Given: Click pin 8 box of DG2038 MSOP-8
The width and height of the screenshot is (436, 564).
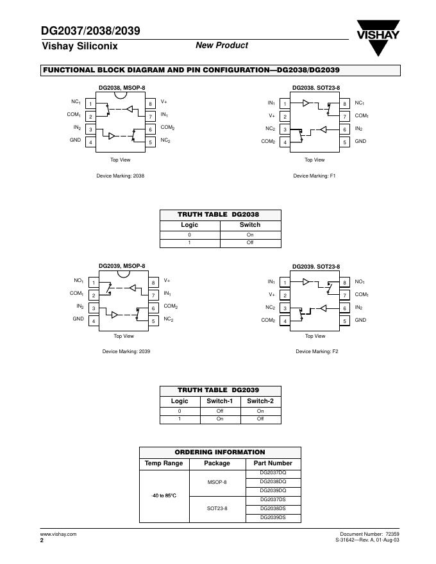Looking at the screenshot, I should pyautogui.click(x=151, y=104).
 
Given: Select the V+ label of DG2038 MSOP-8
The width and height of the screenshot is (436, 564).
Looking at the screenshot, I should pyautogui.click(x=164, y=102).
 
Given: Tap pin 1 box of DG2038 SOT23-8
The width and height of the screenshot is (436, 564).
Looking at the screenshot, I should pyautogui.click(x=284, y=104).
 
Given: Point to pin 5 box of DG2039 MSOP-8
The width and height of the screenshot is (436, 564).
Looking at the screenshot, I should pyautogui.click(x=153, y=320).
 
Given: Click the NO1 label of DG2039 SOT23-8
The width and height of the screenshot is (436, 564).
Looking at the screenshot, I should pyautogui.click(x=360, y=282).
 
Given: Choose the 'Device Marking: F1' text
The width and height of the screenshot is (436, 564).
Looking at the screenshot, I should pyautogui.click(x=314, y=176).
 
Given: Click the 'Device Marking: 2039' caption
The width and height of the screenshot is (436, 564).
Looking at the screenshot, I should pyautogui.click(x=126, y=351).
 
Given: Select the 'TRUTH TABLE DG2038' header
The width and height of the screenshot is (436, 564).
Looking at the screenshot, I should pyautogui.click(x=219, y=215).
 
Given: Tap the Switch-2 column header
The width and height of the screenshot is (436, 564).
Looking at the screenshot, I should pyautogui.click(x=260, y=401).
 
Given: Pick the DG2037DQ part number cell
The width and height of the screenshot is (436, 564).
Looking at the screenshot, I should pyautogui.click(x=273, y=472).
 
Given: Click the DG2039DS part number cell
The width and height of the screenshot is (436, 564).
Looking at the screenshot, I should pyautogui.click(x=273, y=517).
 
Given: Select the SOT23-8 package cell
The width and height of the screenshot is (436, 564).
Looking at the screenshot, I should pyautogui.click(x=217, y=508).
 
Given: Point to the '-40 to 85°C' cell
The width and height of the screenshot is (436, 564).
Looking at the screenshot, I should pyautogui.click(x=163, y=495).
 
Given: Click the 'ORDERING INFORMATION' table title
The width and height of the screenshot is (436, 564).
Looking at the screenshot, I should pyautogui.click(x=220, y=452).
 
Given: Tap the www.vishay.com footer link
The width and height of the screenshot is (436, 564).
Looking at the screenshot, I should pyautogui.click(x=58, y=534).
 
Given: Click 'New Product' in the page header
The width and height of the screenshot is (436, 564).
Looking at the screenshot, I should pyautogui.click(x=221, y=46).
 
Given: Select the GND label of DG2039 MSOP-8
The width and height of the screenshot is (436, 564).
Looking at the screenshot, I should pyautogui.click(x=78, y=319).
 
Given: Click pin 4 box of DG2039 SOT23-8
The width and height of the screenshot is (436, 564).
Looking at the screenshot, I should pyautogui.click(x=284, y=321).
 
